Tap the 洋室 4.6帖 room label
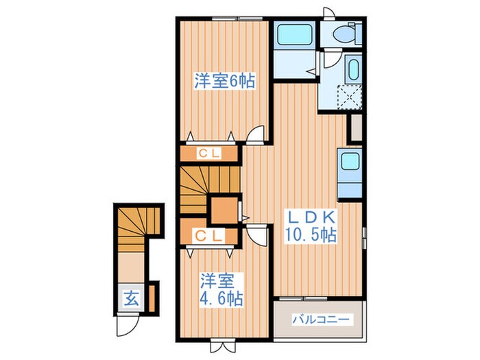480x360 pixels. coord(221,289)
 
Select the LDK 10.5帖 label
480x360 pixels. coord(310,226)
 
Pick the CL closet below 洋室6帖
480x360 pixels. coord(210,154)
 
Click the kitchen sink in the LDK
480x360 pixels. coord(350,163)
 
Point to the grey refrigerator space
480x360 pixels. coord(356,128)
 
